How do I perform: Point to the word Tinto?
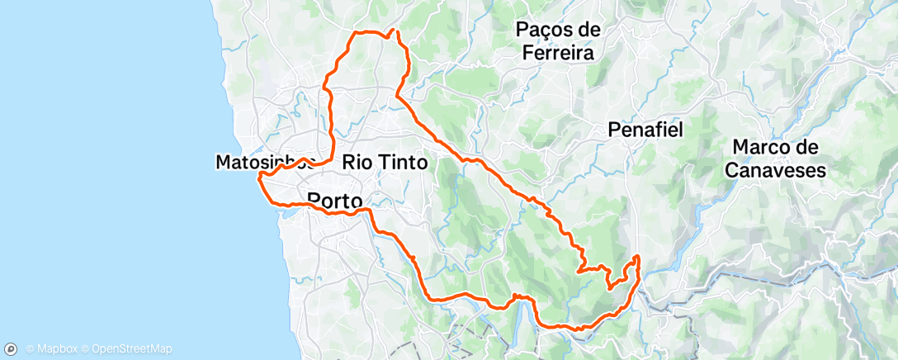pos(402,163)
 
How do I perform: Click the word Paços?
pos(545,30)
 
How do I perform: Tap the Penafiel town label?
pos(650,130)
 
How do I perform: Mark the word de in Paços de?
pos(588,30)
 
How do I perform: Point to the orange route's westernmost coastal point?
pos(259,176)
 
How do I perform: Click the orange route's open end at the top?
pos(396,31)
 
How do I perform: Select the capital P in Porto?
pos(314,200)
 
